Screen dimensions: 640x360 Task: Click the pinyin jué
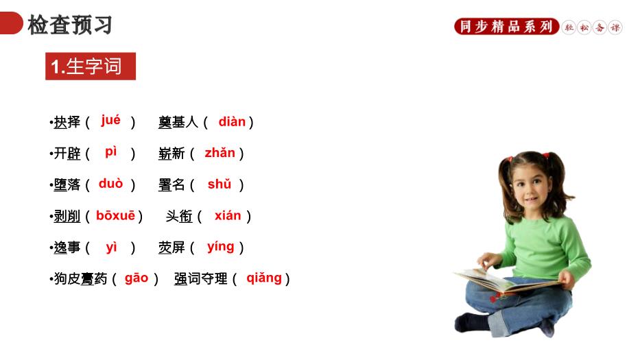110,121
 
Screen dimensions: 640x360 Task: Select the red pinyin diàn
232,121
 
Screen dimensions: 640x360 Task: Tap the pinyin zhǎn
220,153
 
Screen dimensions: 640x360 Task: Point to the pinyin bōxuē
115,215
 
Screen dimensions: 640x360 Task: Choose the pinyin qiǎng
264,278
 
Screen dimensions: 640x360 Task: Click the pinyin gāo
137,278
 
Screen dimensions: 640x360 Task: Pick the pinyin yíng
220,247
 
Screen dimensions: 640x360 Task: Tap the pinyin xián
228,215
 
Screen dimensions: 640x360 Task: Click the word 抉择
67,122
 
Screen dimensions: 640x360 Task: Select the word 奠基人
178,122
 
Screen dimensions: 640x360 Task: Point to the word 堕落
67,184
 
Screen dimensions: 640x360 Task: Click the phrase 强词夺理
200,278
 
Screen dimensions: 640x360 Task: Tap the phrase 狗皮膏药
80,278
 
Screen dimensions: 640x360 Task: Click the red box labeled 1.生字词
91,66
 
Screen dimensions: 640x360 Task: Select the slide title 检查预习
70,25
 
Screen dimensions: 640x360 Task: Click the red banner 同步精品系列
506,27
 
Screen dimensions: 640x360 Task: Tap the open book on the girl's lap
506,282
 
